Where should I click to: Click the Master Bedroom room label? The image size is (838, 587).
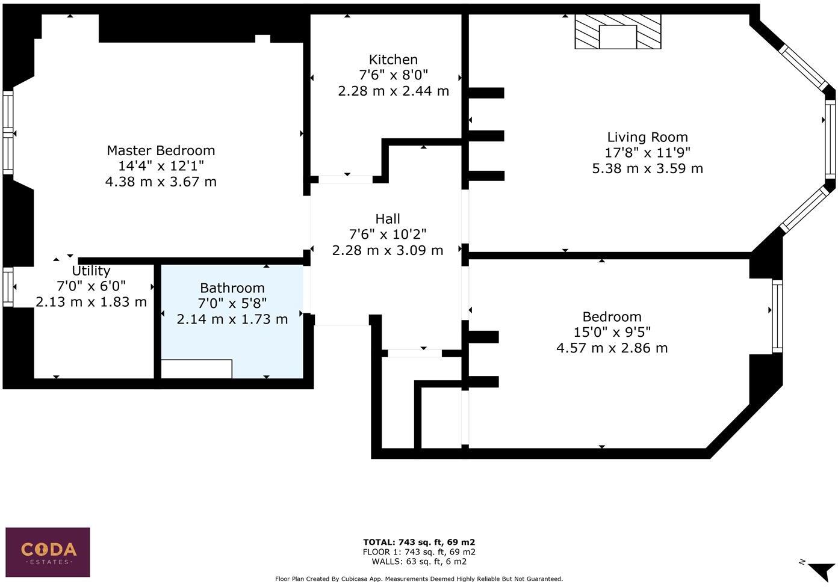[161, 150]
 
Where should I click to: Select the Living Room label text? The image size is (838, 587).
[647, 137]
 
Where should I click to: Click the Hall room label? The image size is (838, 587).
[388, 219]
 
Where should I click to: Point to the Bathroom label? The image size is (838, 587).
[232, 288]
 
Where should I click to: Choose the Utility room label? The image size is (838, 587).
[91, 271]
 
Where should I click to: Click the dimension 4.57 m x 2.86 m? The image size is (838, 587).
[612, 348]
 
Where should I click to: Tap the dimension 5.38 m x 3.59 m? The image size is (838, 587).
[647, 168]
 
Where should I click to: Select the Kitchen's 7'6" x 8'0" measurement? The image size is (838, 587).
[393, 75]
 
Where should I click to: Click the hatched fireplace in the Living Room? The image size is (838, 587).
[618, 32]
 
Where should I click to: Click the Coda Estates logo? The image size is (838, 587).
[48, 552]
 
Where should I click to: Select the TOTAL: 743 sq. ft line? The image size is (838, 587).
[419, 542]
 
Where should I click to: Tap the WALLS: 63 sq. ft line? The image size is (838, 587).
[419, 562]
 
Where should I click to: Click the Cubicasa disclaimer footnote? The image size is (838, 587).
[419, 579]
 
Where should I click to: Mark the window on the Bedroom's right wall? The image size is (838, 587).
[777, 316]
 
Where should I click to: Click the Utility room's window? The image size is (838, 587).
[8, 287]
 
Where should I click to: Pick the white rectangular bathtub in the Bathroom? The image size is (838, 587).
[196, 369]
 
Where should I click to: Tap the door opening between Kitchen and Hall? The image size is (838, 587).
[346, 179]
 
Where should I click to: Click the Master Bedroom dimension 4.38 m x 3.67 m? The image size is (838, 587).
[161, 182]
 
